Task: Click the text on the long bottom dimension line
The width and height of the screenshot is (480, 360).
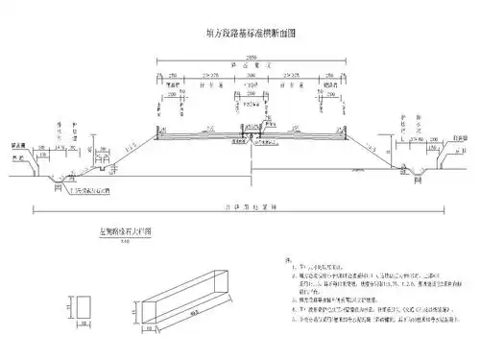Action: [252, 205]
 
